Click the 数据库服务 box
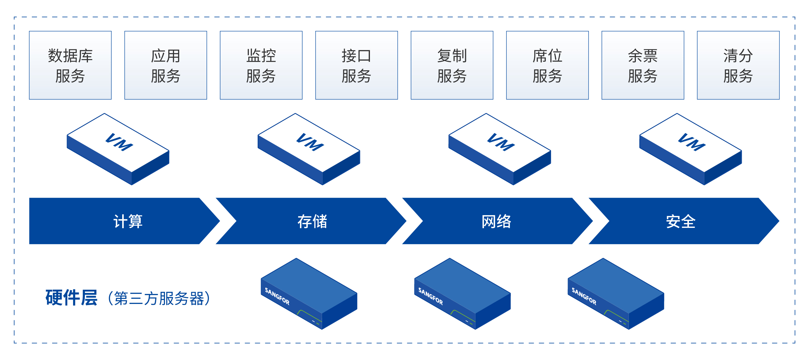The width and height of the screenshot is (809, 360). (70, 65)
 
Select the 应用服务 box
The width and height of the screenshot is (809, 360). (166, 65)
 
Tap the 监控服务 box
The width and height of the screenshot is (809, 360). (261, 65)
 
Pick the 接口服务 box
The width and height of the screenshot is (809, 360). (357, 65)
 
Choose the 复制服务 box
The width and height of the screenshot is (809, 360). (452, 65)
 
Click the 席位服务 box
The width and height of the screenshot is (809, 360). (547, 65)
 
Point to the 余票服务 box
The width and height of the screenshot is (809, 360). (643, 65)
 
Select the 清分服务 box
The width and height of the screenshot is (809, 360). (738, 65)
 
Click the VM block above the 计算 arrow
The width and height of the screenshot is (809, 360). (118, 149)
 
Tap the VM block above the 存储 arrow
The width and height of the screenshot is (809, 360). (309, 149)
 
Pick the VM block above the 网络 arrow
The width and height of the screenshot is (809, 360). (500, 149)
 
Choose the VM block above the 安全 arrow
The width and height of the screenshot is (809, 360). (691, 149)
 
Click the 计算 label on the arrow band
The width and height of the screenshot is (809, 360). (128, 221)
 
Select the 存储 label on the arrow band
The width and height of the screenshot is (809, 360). (312, 221)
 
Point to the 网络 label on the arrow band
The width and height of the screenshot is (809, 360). (496, 221)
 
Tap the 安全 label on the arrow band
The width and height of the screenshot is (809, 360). (680, 221)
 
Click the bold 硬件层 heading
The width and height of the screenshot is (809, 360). (71, 298)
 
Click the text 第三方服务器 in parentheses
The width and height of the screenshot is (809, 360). (159, 298)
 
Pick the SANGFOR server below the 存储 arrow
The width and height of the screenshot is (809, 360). (309, 293)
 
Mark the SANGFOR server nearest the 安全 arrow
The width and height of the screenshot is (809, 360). (616, 293)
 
